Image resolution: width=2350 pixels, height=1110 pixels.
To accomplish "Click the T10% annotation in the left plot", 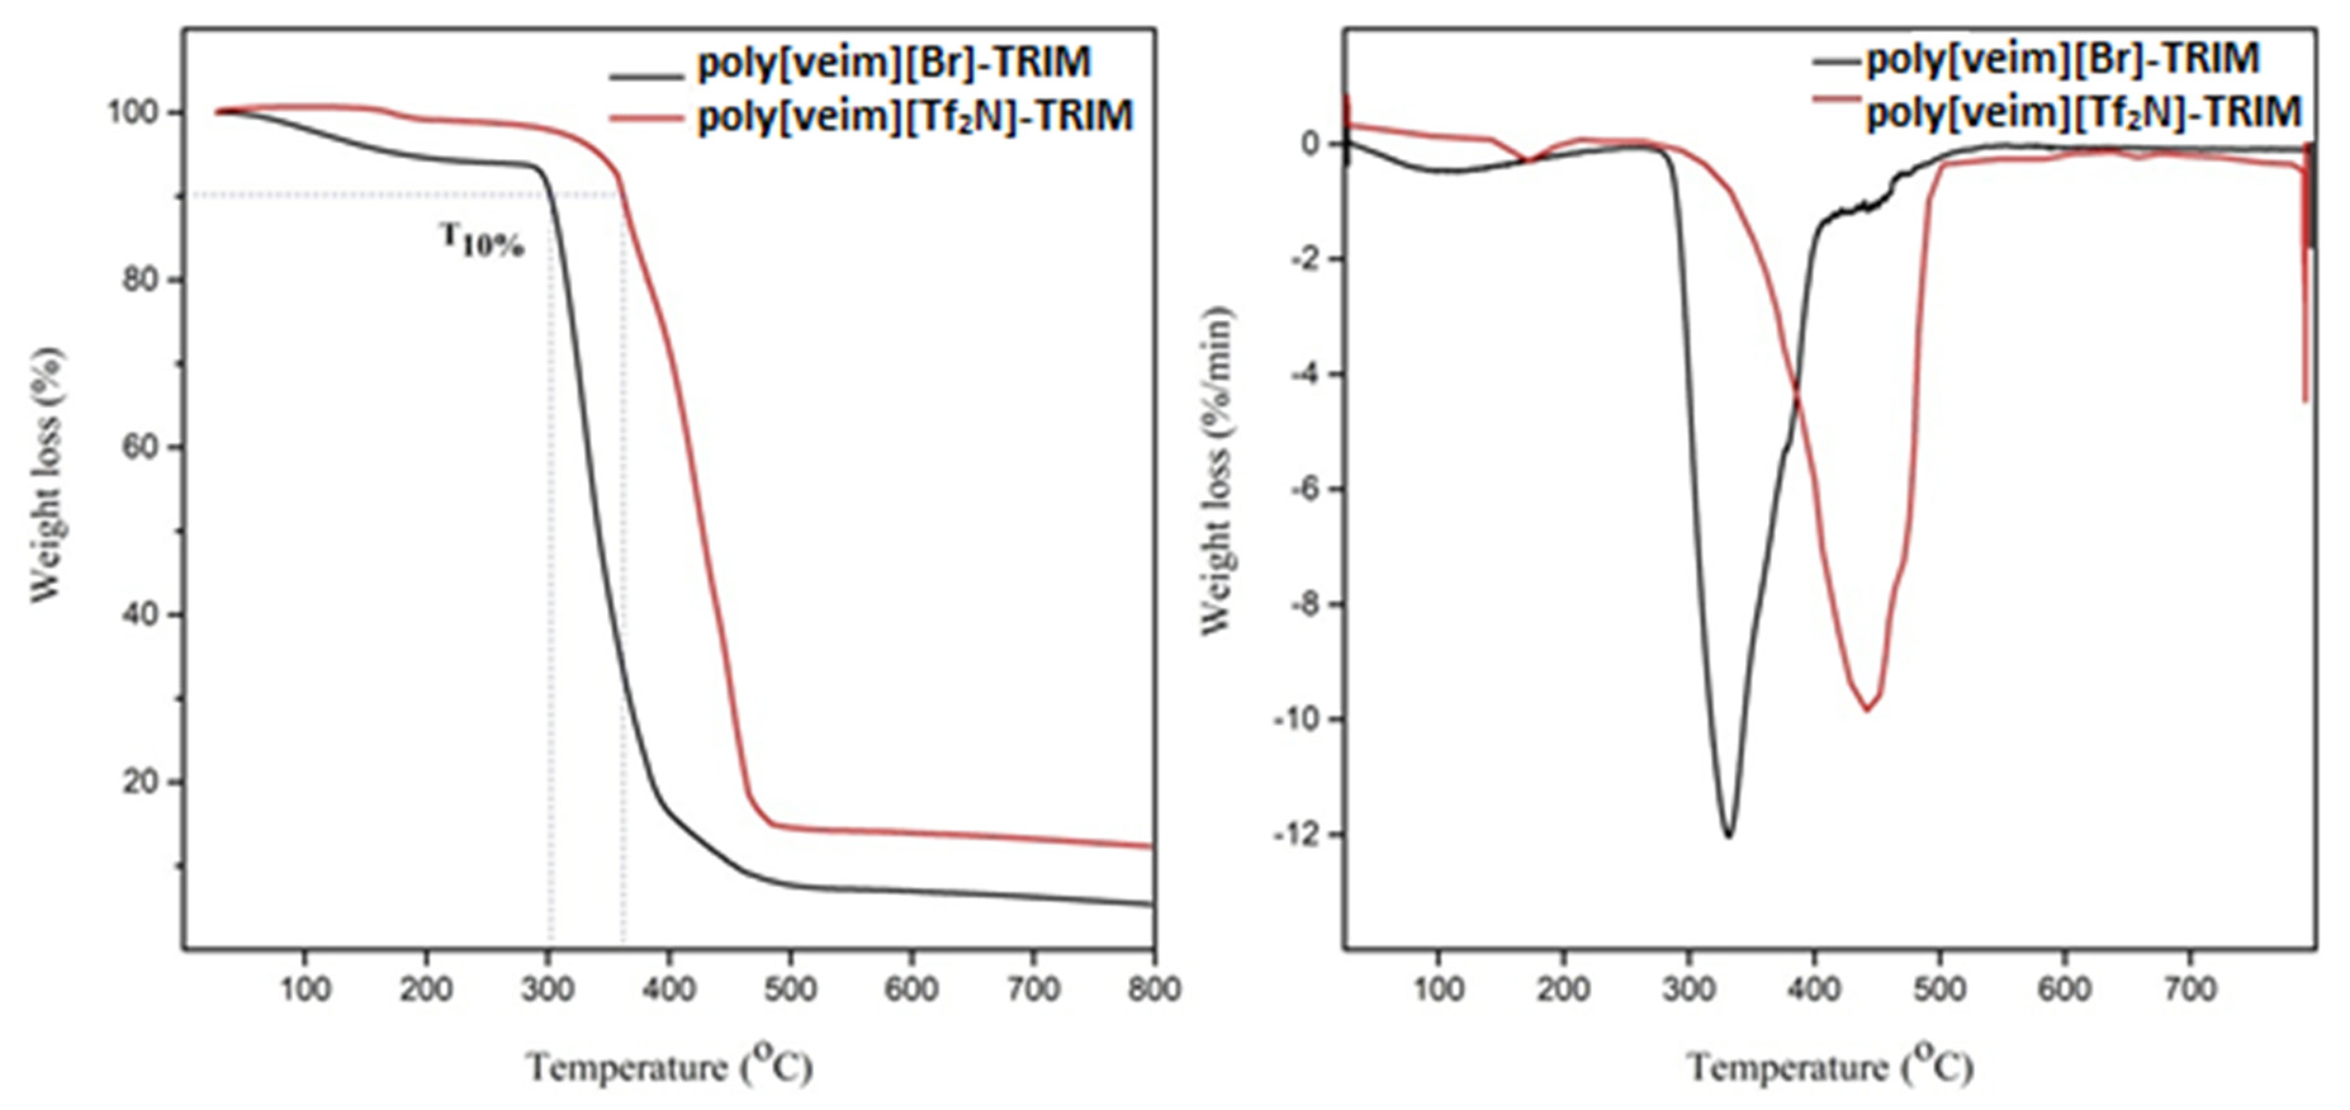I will click(x=482, y=241).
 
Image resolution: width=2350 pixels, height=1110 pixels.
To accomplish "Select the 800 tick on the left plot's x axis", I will click(x=1154, y=988).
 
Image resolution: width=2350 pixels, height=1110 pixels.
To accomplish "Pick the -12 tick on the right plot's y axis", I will click(x=1296, y=834).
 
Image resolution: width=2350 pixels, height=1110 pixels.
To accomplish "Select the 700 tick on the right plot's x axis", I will click(x=2190, y=988).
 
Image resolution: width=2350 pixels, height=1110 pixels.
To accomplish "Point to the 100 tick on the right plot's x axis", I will click(x=1439, y=988).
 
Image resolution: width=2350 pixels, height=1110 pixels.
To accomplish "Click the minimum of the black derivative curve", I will click(x=1727, y=836).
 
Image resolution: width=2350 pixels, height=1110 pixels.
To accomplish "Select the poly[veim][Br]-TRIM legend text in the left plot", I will click(x=894, y=62).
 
